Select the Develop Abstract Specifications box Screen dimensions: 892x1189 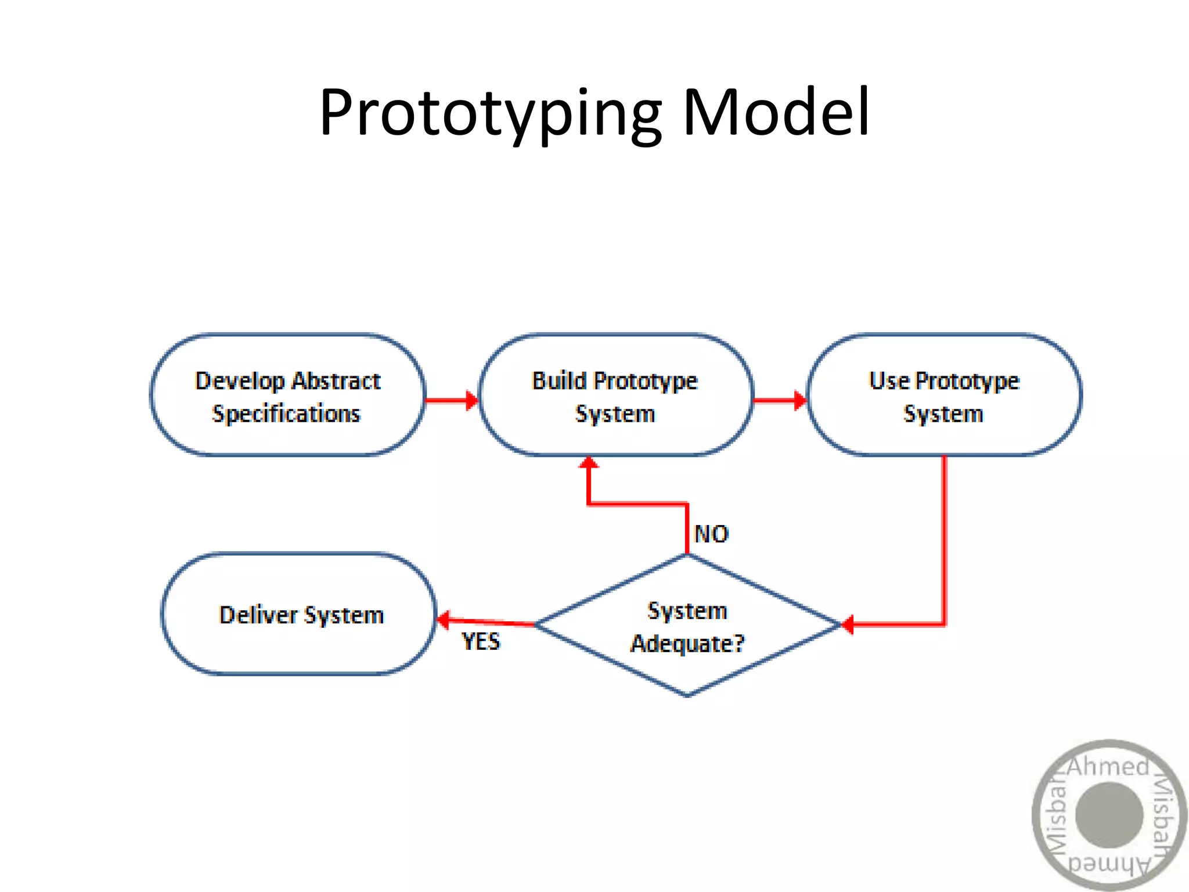tap(287, 395)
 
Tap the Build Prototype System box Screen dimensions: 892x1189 tap(615, 395)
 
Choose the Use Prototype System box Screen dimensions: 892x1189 tap(944, 395)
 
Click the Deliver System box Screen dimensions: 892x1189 tap(298, 614)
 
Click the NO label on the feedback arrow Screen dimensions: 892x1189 tap(711, 534)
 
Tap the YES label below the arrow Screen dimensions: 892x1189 tap(481, 642)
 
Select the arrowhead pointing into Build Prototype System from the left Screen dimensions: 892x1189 tap(472, 400)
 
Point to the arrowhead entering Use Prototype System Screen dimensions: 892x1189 tap(800, 400)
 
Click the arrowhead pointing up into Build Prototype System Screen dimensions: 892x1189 tap(589, 463)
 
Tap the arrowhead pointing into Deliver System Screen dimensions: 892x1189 tap(444, 620)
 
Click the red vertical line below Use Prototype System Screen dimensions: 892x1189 tap(944, 540)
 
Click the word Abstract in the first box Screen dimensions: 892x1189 tap(336, 381)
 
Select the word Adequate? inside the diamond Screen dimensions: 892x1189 tap(687, 643)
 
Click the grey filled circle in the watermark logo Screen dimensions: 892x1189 tap(1109, 815)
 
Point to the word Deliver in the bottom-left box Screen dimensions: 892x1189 tap(258, 614)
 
